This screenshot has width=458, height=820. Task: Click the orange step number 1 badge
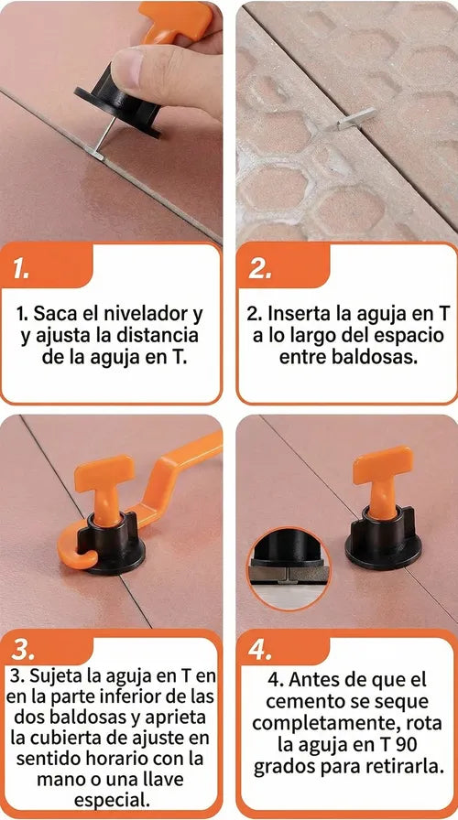46,266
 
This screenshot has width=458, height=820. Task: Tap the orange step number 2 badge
283,266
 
